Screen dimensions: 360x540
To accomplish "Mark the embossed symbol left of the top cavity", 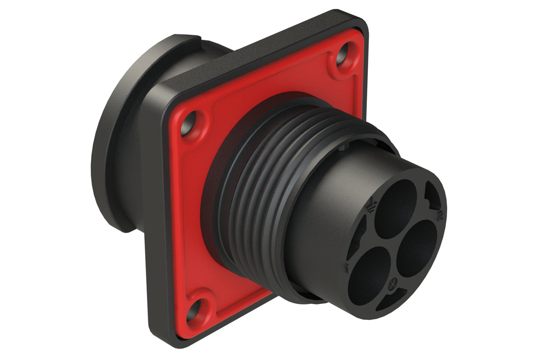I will point(372,206).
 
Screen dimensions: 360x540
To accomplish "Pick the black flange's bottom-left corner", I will point(168,333).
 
